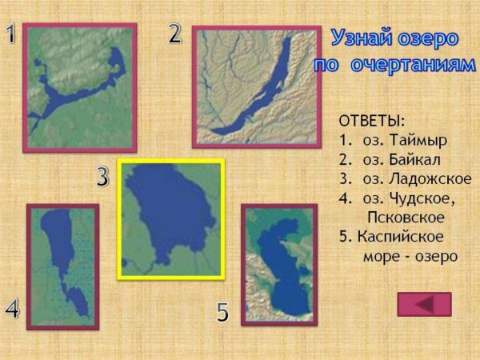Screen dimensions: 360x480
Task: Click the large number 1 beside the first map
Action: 10,34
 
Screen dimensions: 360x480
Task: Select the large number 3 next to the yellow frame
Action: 102,178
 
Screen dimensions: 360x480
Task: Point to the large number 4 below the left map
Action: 12,310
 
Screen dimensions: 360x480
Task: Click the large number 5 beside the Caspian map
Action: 223,313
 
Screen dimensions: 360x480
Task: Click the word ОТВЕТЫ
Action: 372,121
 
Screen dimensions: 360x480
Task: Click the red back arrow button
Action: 424,304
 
